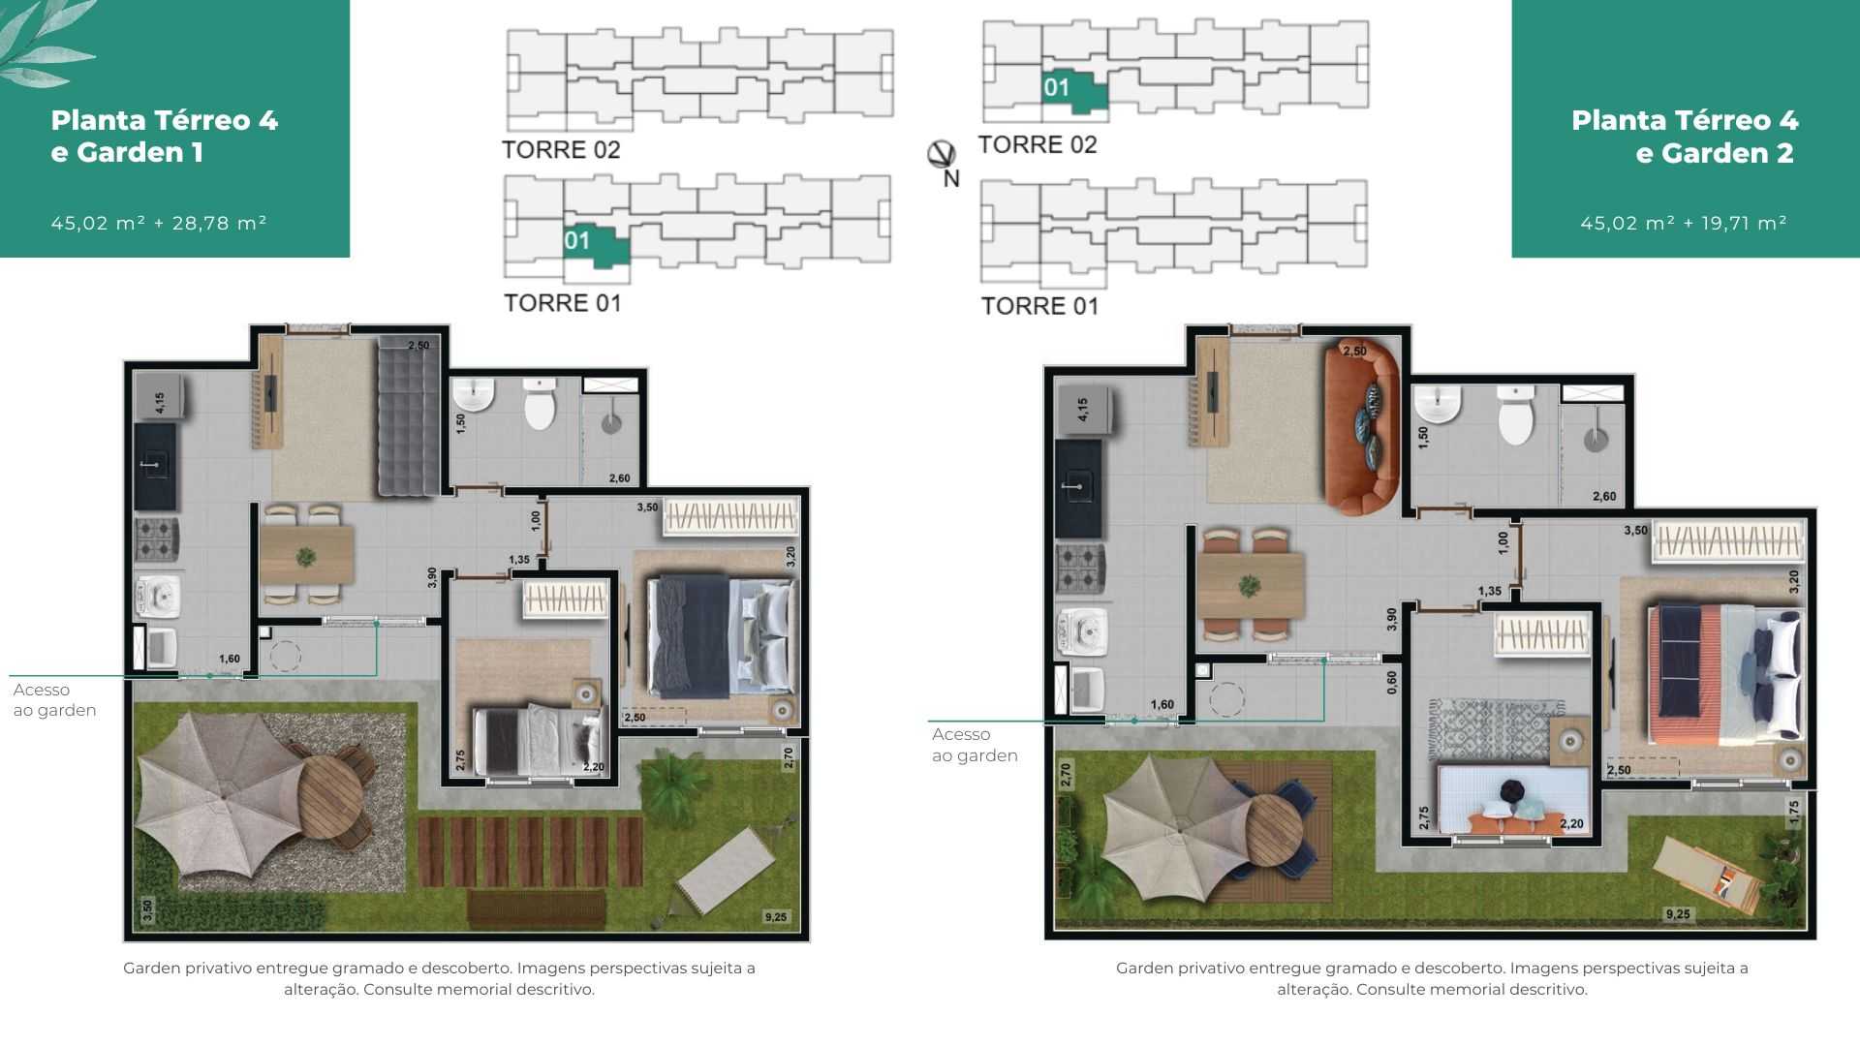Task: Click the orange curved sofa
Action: click(1362, 426)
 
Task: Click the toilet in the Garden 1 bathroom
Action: click(540, 404)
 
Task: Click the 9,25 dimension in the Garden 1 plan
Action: click(776, 916)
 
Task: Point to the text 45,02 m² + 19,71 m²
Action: click(1684, 223)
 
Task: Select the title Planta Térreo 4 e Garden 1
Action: click(165, 137)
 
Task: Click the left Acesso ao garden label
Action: click(54, 699)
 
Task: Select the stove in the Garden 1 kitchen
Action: click(156, 539)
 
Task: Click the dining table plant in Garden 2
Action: click(1249, 586)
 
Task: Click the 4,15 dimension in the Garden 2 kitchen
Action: click(1082, 409)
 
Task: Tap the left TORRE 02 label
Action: click(561, 150)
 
